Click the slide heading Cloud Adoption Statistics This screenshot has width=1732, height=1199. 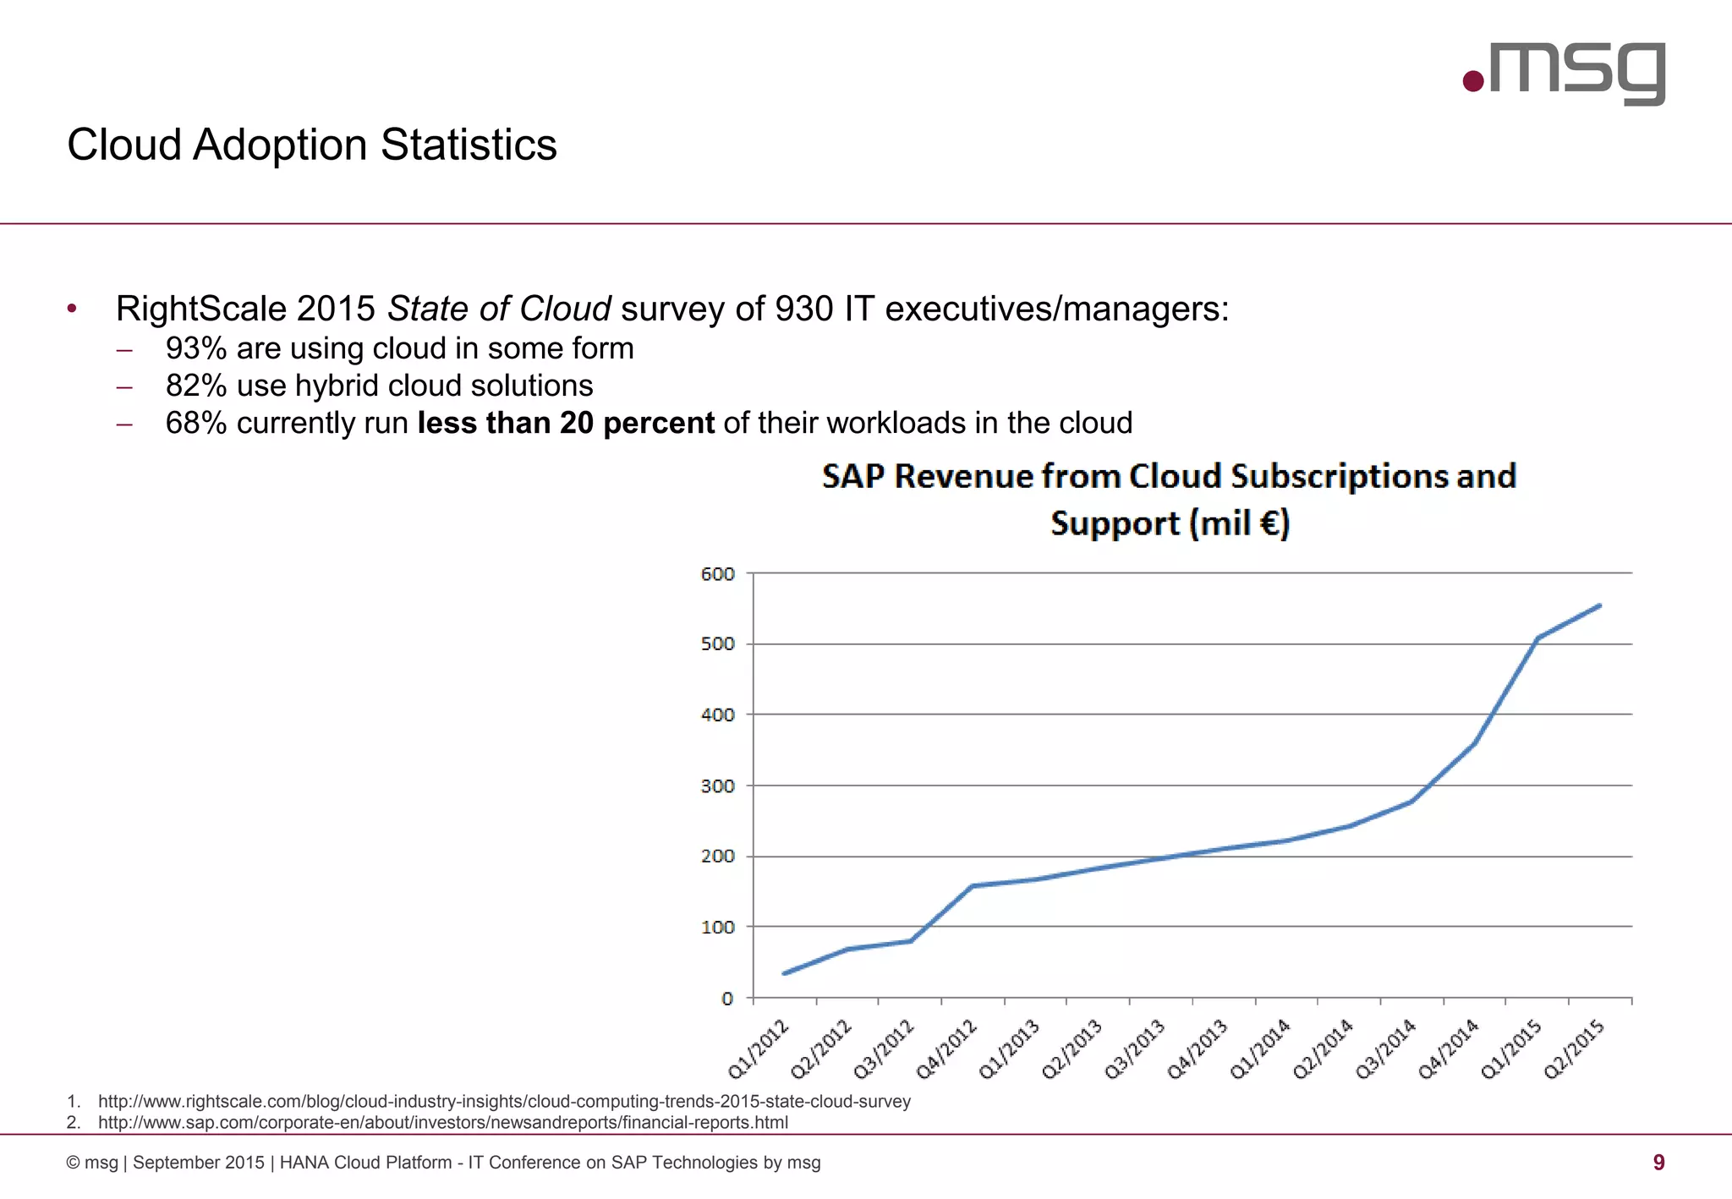click(x=311, y=145)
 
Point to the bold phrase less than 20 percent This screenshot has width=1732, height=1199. click(x=566, y=423)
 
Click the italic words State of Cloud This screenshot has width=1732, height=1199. click(x=499, y=309)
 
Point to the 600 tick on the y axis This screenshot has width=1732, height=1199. click(x=717, y=574)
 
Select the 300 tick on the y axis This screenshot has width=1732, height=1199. click(x=717, y=786)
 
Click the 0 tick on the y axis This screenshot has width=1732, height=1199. click(x=726, y=999)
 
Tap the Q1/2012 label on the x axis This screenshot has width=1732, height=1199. click(x=759, y=1048)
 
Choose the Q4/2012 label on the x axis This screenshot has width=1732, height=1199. click(x=947, y=1048)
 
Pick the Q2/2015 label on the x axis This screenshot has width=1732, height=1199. click(x=1575, y=1048)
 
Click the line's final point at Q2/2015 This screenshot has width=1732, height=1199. click(x=1599, y=605)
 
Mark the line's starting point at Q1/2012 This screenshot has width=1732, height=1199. click(x=785, y=973)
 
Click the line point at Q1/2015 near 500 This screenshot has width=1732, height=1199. click(x=1537, y=638)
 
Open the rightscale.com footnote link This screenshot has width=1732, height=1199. click(x=504, y=1102)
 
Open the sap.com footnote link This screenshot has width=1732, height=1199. click(x=442, y=1123)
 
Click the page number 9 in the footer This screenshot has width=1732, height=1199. click(x=1658, y=1163)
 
